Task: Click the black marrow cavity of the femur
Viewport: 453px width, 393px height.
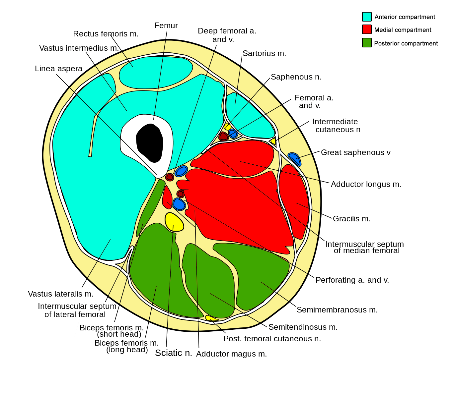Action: tap(149, 142)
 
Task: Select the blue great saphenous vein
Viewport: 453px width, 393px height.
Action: tap(294, 159)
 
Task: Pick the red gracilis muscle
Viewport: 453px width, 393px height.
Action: tap(293, 201)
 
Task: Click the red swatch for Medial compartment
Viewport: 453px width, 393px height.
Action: tap(367, 29)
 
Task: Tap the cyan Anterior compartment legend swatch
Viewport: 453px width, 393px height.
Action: tap(367, 17)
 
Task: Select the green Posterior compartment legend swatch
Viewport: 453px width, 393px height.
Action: tap(367, 43)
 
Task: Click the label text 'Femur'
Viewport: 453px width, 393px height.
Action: tap(166, 26)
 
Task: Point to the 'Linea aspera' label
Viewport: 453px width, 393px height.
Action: tap(59, 69)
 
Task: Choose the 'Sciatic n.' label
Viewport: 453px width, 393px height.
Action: tap(174, 353)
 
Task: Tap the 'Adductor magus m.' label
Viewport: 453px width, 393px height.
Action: tap(231, 354)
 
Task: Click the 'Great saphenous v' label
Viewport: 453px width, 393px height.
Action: tap(355, 152)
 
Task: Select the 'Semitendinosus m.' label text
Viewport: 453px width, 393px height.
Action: tap(303, 327)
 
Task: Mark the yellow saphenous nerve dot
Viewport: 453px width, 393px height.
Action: tap(227, 126)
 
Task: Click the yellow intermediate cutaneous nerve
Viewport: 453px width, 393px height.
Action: tap(273, 141)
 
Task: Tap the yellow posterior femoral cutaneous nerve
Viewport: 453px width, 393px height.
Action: tap(211, 318)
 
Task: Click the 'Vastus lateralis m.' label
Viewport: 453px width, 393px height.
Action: tap(60, 294)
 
